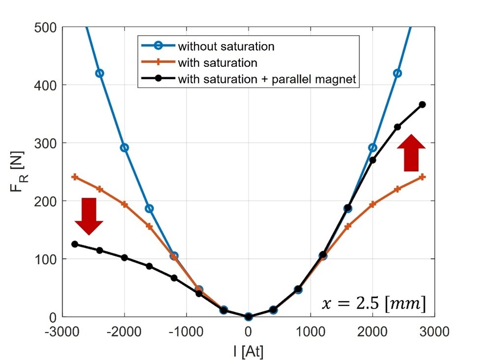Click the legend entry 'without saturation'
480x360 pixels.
pyautogui.click(x=225, y=47)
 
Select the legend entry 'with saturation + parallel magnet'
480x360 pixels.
pyautogui.click(x=266, y=79)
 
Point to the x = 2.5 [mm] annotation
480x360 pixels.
pyautogui.click(x=373, y=304)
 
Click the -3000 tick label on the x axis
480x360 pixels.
pyautogui.click(x=64, y=331)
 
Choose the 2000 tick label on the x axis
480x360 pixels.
pyautogui.click(x=372, y=331)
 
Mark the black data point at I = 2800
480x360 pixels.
pyautogui.click(x=422, y=104)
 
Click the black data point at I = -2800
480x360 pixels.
pyautogui.click(x=75, y=244)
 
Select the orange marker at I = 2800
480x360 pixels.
pyautogui.click(x=422, y=177)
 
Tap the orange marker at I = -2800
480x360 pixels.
pyautogui.click(x=75, y=177)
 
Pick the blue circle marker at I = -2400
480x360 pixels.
pyautogui.click(x=99, y=73)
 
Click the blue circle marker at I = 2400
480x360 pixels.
pyautogui.click(x=397, y=73)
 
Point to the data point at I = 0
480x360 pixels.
pyautogui.click(x=249, y=317)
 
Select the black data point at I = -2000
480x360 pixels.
pyautogui.click(x=125, y=258)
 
